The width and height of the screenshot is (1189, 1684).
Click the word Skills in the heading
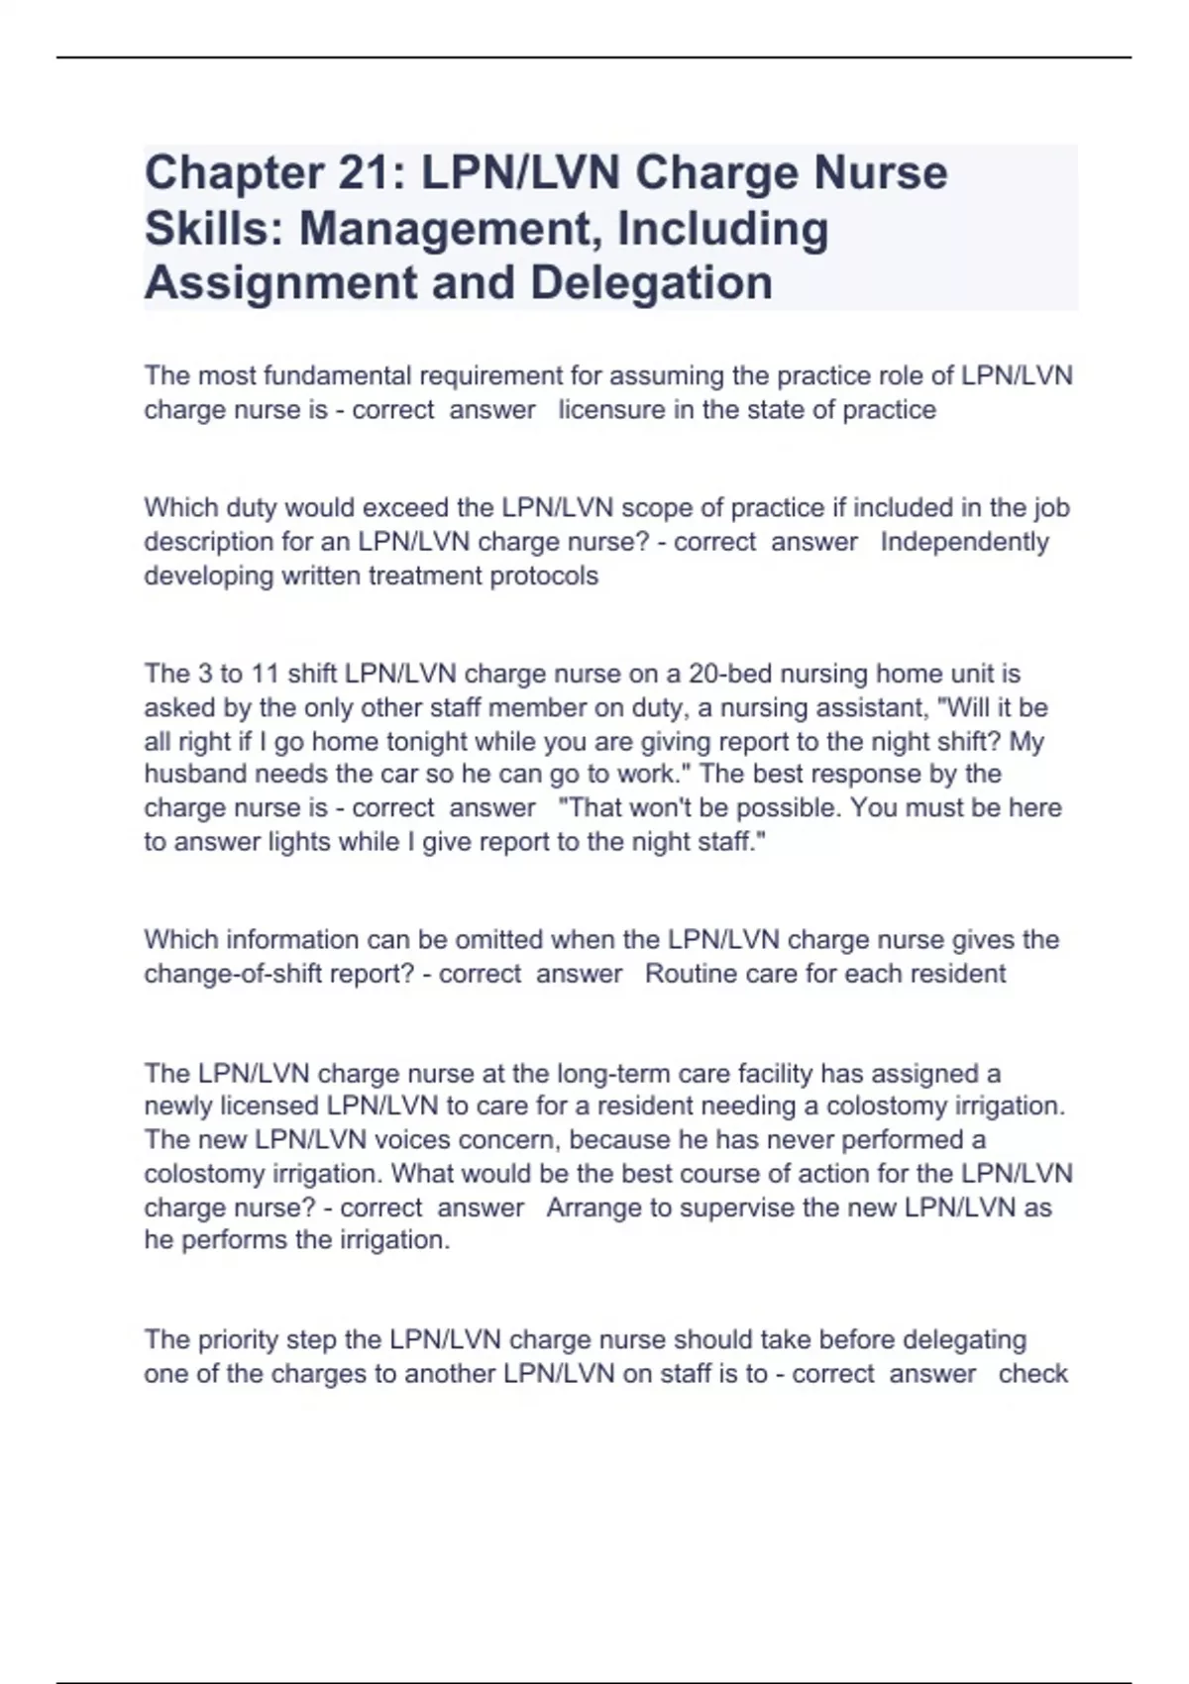(x=214, y=228)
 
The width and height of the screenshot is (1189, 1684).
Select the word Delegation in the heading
(x=651, y=282)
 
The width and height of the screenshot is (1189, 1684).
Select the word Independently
(x=964, y=542)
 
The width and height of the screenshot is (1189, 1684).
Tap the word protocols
(x=544, y=576)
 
